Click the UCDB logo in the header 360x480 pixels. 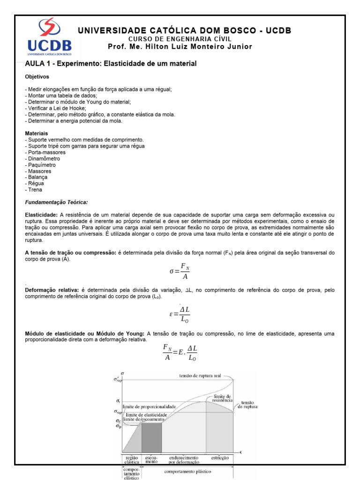(x=49, y=37)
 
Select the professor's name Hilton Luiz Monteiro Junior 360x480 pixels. (x=180, y=46)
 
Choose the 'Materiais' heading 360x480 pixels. (x=37, y=134)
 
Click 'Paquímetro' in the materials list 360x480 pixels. (x=41, y=165)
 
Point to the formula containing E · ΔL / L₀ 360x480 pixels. (x=180, y=352)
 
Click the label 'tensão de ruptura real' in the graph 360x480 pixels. (x=200, y=376)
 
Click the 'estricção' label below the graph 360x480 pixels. (x=219, y=457)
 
